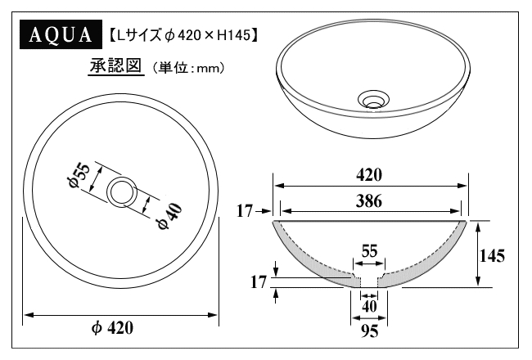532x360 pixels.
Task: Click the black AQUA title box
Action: [61, 34]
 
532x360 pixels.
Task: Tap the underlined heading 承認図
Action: [115, 66]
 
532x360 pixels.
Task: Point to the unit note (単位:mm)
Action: [187, 68]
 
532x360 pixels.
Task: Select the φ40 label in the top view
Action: [169, 216]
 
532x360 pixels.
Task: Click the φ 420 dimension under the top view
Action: [113, 328]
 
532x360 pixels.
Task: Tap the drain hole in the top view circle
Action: [122, 192]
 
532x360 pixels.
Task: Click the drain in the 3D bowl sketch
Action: [373, 99]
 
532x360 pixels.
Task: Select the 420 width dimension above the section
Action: [369, 175]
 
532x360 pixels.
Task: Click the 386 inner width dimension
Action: [369, 201]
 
